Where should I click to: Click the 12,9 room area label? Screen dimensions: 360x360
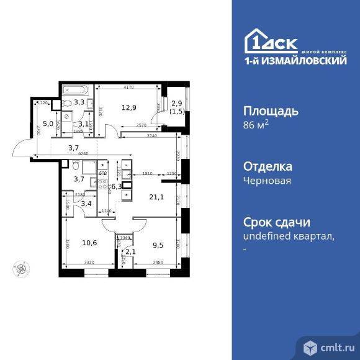click(128, 107)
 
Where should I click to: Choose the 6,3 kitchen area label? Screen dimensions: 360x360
click(116, 184)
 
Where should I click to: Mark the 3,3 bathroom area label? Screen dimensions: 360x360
click(79, 102)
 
